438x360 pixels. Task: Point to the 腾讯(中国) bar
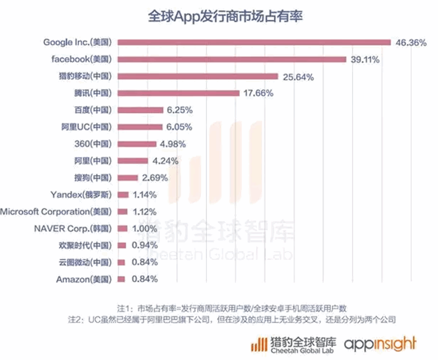[x=178, y=93]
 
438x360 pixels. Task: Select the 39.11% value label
[x=366, y=59]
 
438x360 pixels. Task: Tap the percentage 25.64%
[x=298, y=77]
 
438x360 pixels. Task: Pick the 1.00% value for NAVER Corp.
[x=145, y=229]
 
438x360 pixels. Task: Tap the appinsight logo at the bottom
[x=380, y=344]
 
